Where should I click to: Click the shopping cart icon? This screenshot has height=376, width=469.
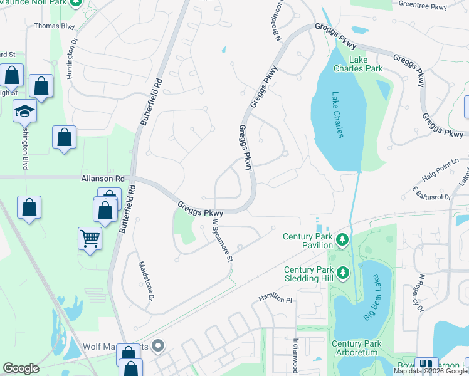[90, 238]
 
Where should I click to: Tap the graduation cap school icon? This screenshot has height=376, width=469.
[25, 111]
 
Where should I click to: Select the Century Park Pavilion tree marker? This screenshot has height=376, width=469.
[342, 239]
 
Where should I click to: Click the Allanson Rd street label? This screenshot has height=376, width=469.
[100, 179]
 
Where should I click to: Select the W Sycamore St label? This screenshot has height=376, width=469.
[223, 240]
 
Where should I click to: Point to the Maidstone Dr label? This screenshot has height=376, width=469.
[145, 280]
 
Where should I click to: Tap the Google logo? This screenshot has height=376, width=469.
[21, 368]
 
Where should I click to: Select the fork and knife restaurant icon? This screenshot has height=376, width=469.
[426, 365]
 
